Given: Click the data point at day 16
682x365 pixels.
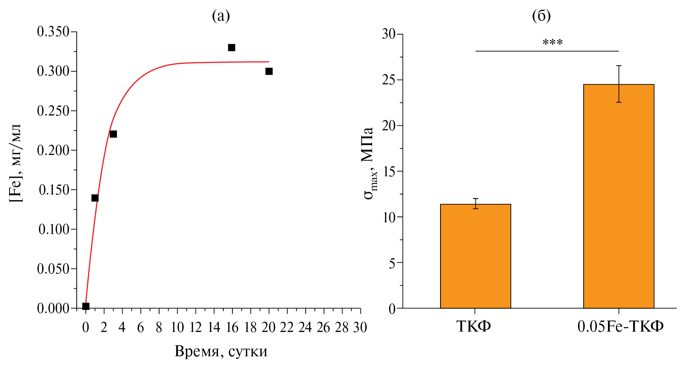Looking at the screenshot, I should point(231,47).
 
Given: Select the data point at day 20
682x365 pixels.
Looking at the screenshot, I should point(269,71).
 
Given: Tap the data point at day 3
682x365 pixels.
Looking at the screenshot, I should point(113,134).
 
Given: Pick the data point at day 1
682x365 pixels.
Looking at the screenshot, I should point(95,198).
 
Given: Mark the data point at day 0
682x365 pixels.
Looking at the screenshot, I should point(86,306).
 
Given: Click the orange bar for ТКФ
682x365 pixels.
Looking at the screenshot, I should point(475,256).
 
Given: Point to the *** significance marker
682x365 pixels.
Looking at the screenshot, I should point(553,43).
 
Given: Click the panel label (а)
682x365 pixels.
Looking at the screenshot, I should point(221,16).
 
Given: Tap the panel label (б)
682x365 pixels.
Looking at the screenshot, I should point(541,16).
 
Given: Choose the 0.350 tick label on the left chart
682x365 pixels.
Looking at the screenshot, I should point(53,32).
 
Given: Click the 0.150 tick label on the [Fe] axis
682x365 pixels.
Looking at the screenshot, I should point(54,190).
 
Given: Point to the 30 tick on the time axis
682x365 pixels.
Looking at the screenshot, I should point(360,327).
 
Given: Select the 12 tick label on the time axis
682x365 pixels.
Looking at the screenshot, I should point(196,327).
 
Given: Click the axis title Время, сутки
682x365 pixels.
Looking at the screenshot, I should point(221,351).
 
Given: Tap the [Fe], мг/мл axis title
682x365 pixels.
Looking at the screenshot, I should point(16,163).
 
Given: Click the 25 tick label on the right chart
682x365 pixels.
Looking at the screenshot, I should point(389,80).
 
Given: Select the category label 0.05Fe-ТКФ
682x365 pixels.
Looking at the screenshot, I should point(620,326).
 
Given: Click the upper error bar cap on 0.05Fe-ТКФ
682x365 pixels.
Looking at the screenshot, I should point(619,66).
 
